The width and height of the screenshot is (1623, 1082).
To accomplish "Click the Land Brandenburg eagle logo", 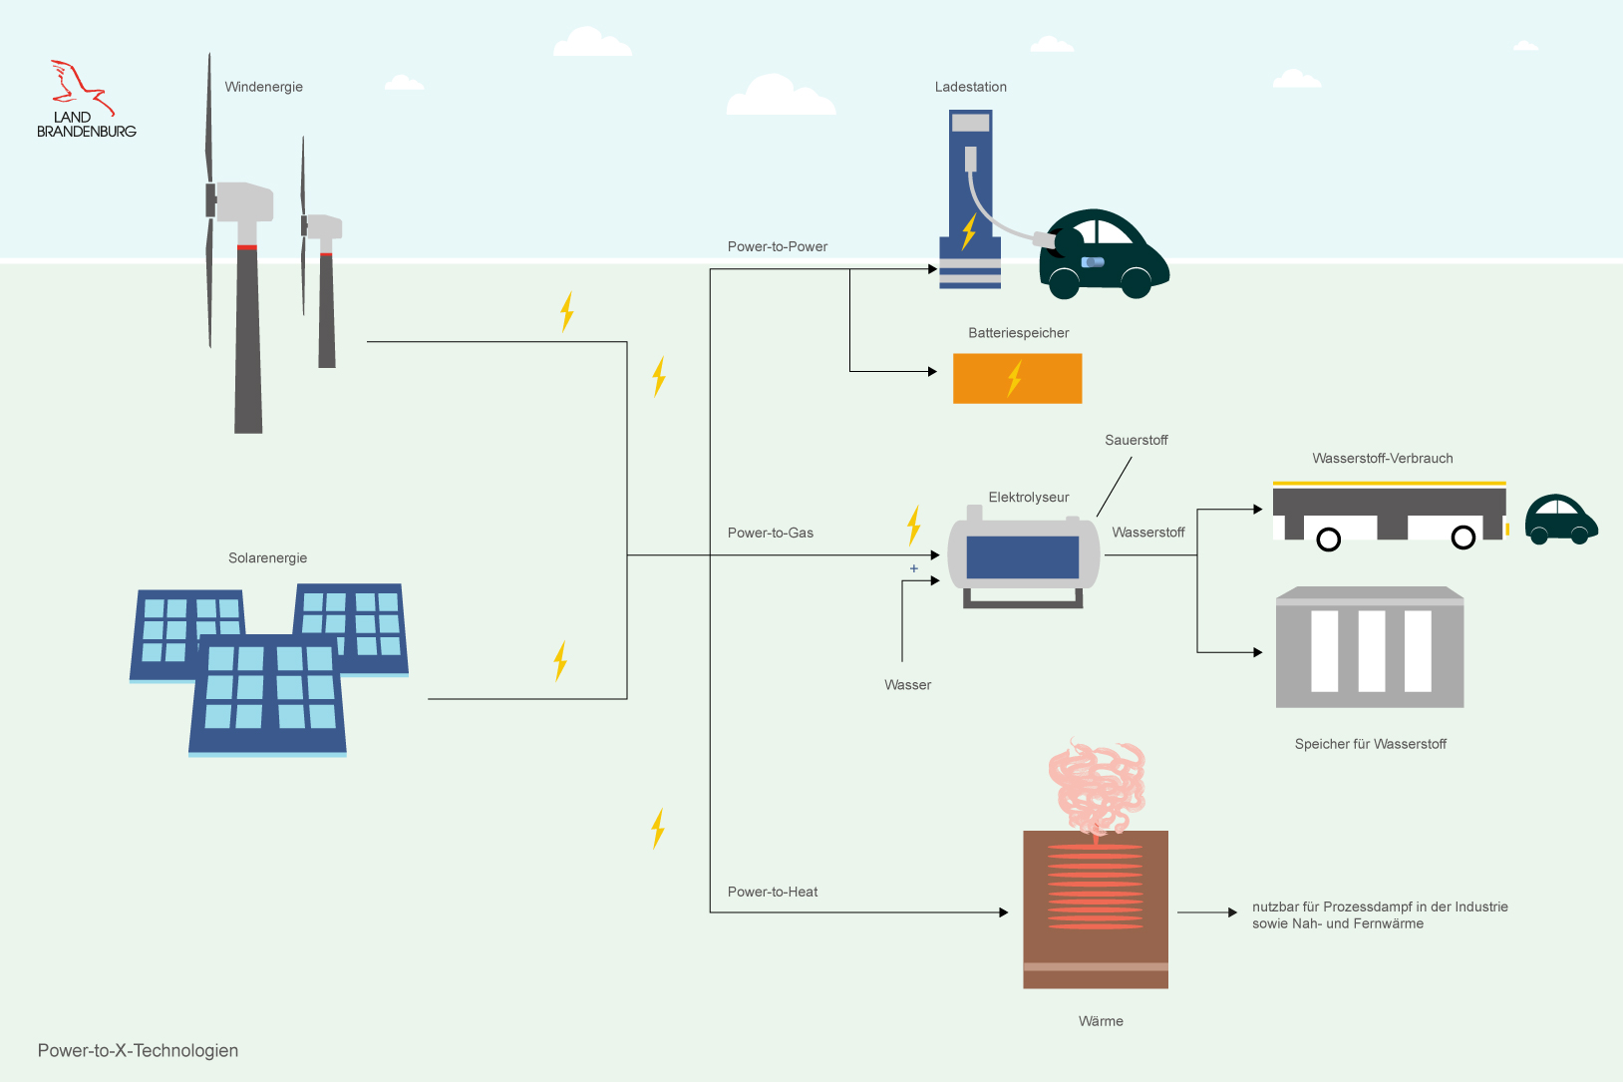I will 82,88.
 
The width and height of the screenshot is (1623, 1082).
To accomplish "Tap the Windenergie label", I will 263,87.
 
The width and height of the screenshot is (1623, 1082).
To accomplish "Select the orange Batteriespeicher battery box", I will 1017,379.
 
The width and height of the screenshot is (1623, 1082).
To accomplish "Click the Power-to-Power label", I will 778,246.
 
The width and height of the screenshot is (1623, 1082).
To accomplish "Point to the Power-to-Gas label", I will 771,533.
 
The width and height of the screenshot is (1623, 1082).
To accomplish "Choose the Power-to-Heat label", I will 773,892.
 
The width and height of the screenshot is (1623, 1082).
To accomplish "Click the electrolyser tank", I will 1023,556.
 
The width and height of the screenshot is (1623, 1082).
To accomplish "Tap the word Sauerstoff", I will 1136,440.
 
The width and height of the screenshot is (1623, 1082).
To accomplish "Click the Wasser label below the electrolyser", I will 907,685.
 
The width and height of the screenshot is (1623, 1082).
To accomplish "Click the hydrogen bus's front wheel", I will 1463,539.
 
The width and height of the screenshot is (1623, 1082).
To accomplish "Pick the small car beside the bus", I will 1560,521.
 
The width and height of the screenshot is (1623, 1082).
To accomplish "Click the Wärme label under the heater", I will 1101,1021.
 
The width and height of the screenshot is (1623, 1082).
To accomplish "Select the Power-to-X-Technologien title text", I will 138,1050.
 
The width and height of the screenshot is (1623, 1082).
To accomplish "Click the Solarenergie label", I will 267,557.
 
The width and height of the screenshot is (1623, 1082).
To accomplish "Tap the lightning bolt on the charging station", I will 968,231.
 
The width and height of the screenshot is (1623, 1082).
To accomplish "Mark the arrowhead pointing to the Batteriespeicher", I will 932,372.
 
